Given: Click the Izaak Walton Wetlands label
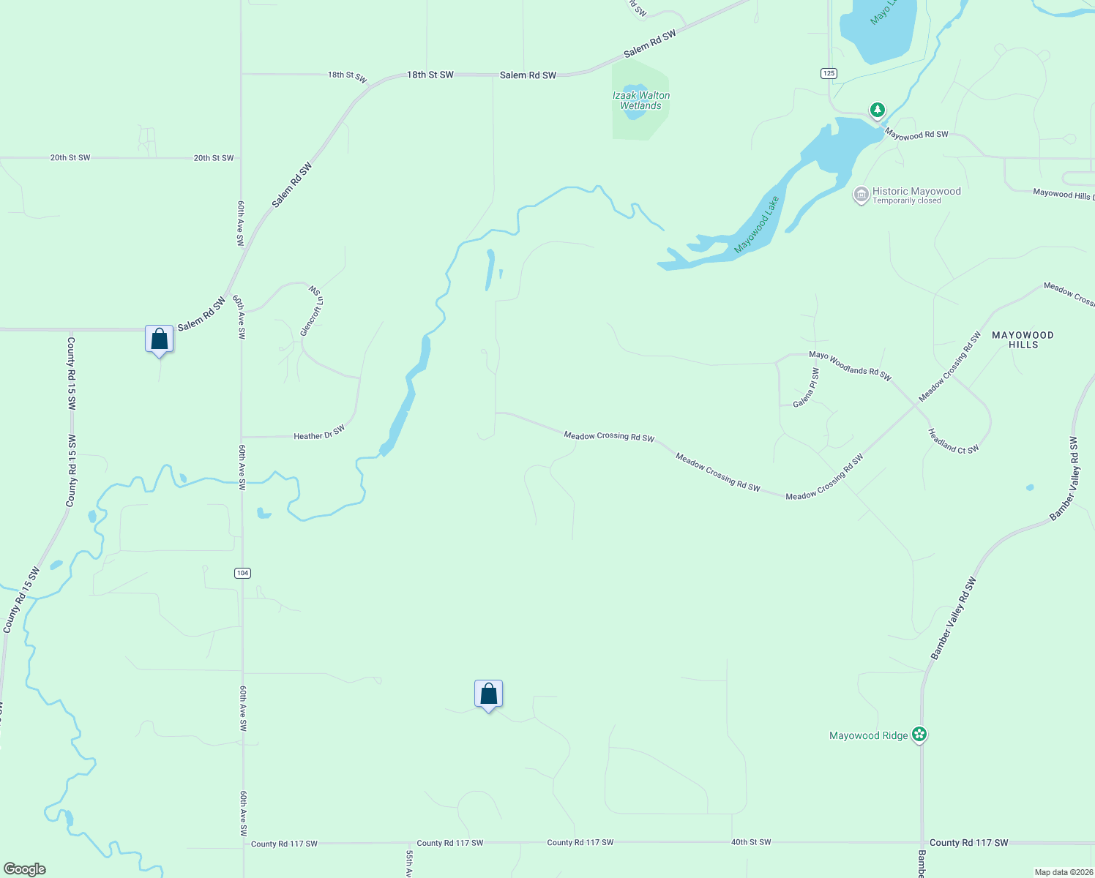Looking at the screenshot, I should [x=640, y=100].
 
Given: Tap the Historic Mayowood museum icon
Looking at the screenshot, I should [x=862, y=195].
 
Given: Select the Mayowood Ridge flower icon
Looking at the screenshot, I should [x=919, y=735].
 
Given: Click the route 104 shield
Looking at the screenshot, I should [x=243, y=573].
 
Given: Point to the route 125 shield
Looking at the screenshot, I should [x=829, y=73].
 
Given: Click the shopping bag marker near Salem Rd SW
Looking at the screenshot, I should [x=160, y=339].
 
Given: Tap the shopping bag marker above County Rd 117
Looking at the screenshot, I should [x=488, y=694].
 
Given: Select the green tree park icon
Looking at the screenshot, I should [x=878, y=110].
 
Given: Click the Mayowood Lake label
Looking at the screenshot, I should [x=757, y=225].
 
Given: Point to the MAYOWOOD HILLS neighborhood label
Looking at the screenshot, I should [x=1023, y=339].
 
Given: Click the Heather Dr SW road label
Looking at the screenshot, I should [x=319, y=433].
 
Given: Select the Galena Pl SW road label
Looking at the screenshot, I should [x=808, y=388].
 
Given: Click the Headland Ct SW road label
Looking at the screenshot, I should [x=953, y=441].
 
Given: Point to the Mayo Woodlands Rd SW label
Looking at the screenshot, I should [x=850, y=365].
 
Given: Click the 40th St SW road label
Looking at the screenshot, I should [x=751, y=842].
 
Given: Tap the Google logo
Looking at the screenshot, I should [x=25, y=869].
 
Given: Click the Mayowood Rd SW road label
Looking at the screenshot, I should [x=916, y=135].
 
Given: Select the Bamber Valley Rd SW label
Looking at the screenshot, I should [x=953, y=618].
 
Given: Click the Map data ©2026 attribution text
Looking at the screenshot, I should [x=1063, y=872].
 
